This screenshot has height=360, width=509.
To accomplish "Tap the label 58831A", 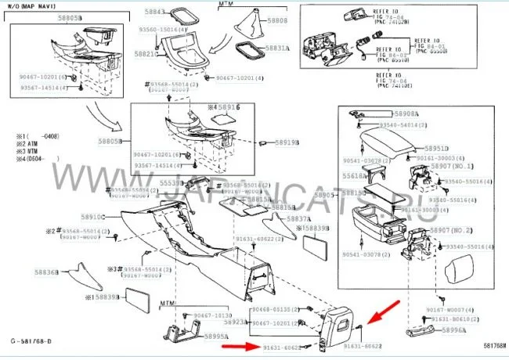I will click(277, 49).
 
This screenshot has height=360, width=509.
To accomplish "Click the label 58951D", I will click(437, 149).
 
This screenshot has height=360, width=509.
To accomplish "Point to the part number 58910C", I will click(92, 216).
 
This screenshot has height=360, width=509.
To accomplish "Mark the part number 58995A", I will click(215, 336).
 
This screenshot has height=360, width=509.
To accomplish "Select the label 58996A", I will click(454, 332).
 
